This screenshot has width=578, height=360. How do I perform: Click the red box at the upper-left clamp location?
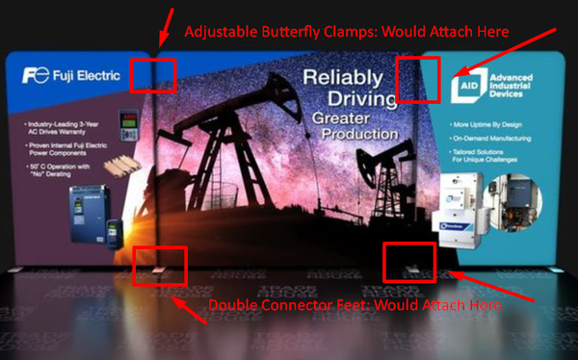click(152, 74)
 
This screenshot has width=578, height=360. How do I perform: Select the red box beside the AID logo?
click(418, 80)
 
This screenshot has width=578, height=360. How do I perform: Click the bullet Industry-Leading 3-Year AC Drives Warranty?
click(65, 129)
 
